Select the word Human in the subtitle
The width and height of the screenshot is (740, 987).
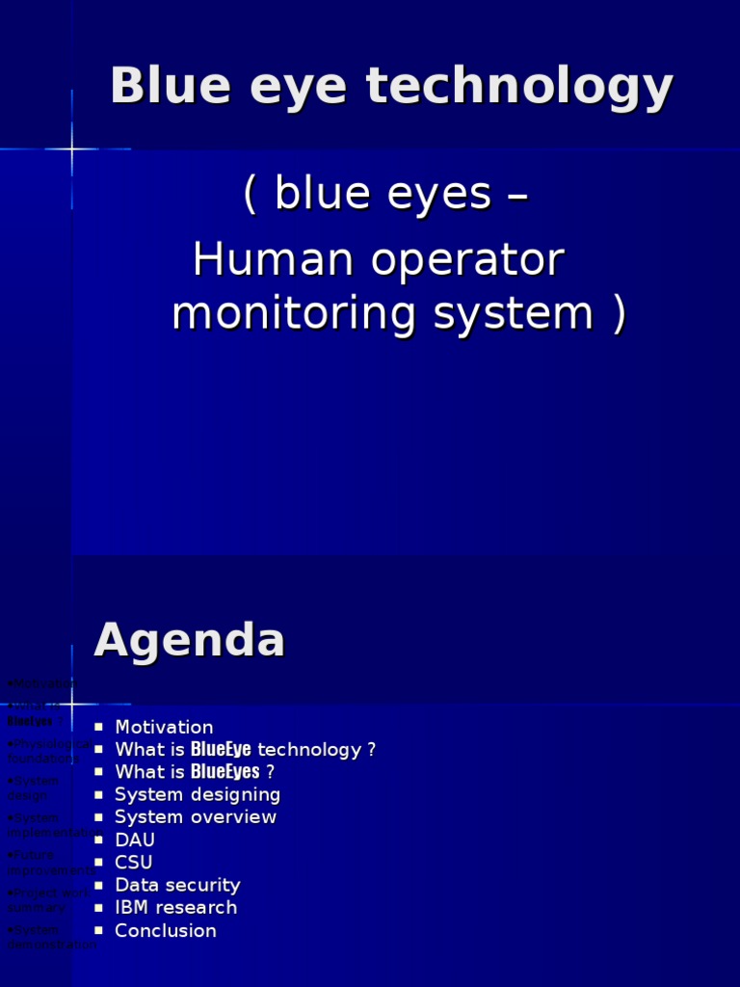click(254, 259)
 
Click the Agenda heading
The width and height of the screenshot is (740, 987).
click(190, 640)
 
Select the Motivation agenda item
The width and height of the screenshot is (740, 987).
click(164, 727)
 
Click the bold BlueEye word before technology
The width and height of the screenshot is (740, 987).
click(221, 750)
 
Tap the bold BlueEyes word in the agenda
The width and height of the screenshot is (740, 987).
click(225, 772)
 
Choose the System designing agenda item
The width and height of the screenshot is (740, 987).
click(198, 794)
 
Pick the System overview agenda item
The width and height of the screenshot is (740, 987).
click(196, 817)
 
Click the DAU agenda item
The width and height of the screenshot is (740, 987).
click(135, 840)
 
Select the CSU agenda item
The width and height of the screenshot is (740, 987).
click(134, 863)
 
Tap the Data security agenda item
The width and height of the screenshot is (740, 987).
click(177, 885)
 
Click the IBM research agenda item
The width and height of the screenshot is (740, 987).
click(175, 908)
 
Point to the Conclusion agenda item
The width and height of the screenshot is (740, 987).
click(166, 930)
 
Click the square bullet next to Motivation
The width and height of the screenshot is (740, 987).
click(99, 728)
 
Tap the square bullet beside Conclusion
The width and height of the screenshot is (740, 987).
click(99, 931)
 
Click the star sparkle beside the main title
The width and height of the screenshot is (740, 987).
click(72, 149)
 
